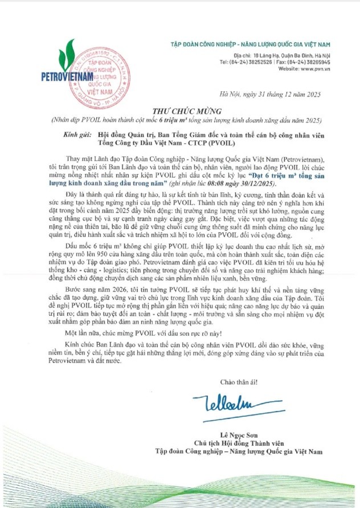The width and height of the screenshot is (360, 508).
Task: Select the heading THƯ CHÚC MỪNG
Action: (179, 111)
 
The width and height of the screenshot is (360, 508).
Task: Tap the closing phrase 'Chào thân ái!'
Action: (235, 381)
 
